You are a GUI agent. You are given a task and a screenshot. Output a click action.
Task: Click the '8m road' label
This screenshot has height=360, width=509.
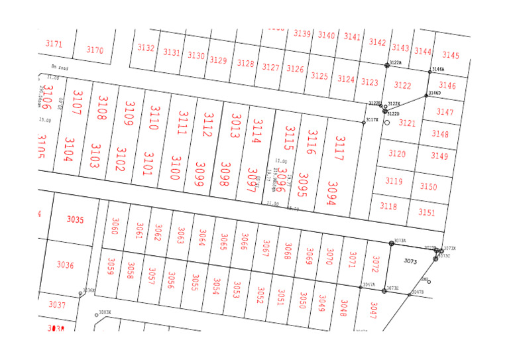tap(60, 67)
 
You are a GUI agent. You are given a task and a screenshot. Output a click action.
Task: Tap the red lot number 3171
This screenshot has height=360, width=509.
tap(54, 44)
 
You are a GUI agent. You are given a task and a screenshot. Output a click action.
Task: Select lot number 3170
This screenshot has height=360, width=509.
tap(95, 50)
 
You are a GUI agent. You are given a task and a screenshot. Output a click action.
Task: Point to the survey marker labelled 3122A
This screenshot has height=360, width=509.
tap(388, 65)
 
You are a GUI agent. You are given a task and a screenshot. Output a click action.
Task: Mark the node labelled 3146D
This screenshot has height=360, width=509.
tap(426, 95)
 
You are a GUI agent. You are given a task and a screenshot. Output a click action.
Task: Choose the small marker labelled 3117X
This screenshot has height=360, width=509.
tap(363, 122)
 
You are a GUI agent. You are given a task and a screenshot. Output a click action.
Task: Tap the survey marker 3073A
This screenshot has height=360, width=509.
tap(392, 243)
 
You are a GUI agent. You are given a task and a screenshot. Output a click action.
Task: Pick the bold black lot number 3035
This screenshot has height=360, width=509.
tap(76, 219)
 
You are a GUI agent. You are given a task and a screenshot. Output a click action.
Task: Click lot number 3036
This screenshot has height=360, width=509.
tap(65, 265)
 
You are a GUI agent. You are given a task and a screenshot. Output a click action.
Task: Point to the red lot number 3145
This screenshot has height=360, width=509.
tap(451, 55)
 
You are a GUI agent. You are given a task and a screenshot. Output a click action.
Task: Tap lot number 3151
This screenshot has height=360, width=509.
tap(427, 212)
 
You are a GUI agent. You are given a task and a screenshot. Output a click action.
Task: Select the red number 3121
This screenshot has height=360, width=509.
tap(407, 123)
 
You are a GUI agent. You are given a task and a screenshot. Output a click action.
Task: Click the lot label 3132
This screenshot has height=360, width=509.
tap(146, 48)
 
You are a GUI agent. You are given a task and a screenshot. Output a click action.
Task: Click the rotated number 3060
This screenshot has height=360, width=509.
tap(115, 226)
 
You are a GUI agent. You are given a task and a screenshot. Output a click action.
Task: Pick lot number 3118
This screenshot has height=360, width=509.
tap(388, 206)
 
